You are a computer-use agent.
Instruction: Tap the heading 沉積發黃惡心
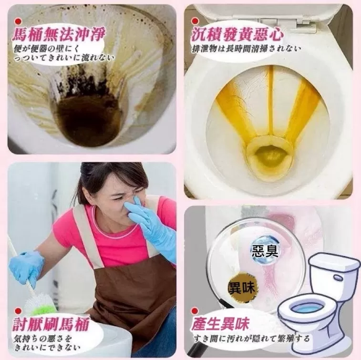tap(237, 34)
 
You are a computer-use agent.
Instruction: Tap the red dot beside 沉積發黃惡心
tap(195, 21)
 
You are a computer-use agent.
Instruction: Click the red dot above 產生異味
tap(195, 311)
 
